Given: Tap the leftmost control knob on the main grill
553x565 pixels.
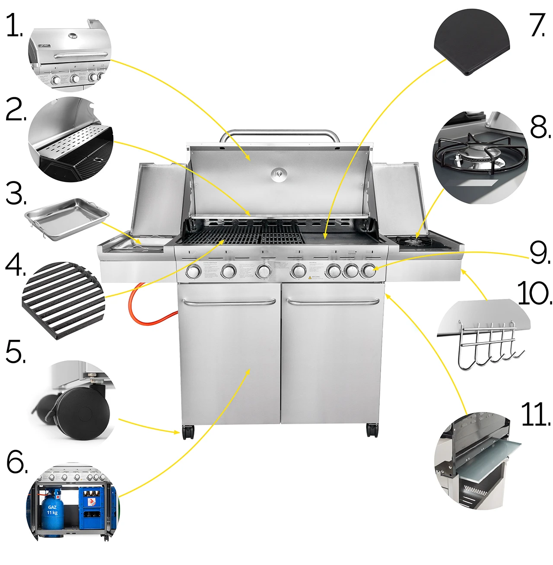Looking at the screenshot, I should coord(193,272).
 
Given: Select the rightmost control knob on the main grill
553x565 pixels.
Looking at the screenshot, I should coord(368,271).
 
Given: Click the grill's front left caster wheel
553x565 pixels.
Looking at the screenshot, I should coord(188,432).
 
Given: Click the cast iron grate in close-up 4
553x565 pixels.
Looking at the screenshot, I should coord(63,298).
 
